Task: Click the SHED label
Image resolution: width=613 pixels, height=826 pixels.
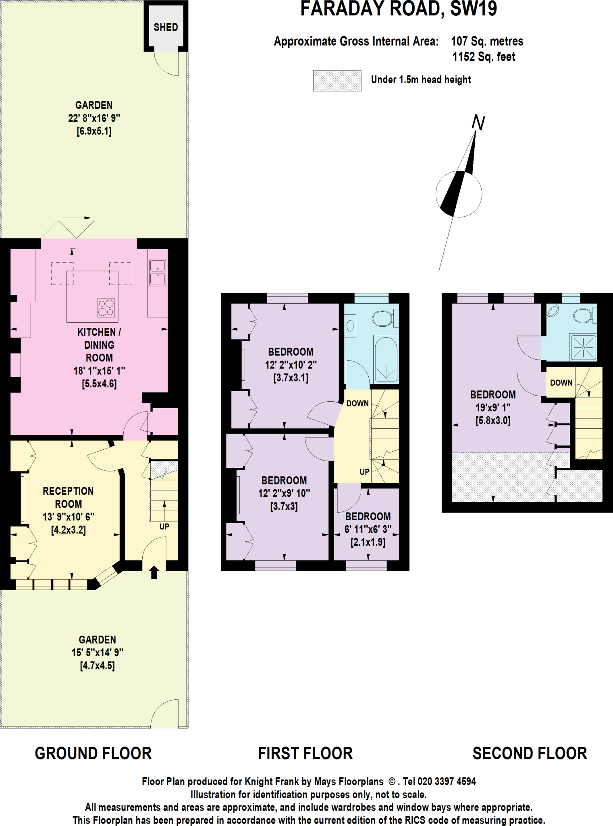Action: pos(166,27)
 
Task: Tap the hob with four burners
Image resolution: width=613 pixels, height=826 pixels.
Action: pos(106,308)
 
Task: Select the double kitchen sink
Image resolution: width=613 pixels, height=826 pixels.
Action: pos(157,272)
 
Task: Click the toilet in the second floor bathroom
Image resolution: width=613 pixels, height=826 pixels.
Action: pos(583,315)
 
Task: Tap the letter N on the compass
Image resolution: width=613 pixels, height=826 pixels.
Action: pos(478,123)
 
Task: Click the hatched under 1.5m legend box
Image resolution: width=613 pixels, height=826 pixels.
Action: pos(337,81)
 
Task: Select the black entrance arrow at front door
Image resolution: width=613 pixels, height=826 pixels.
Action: pos(154,572)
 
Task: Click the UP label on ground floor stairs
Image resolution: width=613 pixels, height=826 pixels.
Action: pos(164,526)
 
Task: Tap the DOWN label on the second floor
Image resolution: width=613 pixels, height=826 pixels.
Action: pos(561,383)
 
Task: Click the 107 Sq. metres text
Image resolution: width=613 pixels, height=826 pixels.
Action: pos(487,41)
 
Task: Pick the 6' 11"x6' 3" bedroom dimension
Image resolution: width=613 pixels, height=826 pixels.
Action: pos(368,529)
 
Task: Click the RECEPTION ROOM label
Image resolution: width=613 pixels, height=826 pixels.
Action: pos(68,497)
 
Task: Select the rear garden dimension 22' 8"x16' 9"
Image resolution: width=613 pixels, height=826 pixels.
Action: pos(94,118)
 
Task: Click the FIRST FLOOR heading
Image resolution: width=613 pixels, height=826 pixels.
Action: pos(305,753)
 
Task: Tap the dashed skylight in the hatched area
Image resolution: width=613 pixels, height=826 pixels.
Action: pos(528,476)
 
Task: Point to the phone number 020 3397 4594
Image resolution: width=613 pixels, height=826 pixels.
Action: pos(447,782)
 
